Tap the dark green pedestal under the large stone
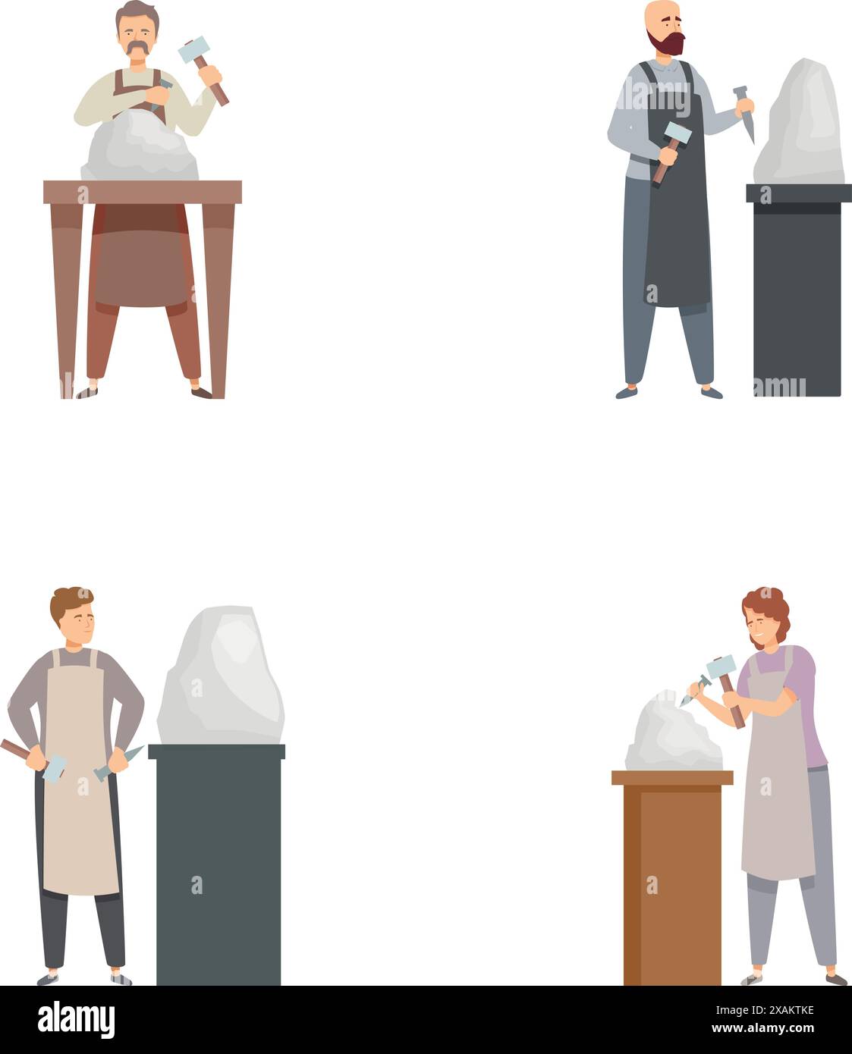tap(219, 864)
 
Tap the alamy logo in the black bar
tap(76, 1020)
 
